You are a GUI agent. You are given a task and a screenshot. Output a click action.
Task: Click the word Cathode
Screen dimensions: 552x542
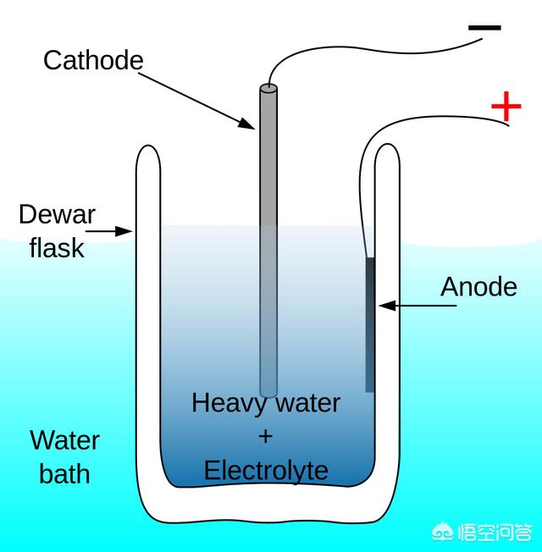[93, 60]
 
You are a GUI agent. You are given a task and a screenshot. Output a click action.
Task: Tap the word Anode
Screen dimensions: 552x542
[478, 287]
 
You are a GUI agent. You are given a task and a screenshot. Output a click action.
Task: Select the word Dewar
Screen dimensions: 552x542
[58, 214]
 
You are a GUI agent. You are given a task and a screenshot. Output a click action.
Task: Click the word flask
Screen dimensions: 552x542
[57, 247]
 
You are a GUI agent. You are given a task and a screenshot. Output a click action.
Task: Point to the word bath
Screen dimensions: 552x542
[64, 472]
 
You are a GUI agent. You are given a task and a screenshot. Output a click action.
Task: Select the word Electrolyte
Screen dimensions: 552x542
[266, 470]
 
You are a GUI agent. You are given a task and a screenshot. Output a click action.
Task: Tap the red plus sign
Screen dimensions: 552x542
[506, 107]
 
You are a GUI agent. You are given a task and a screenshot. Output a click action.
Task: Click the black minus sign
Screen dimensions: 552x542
[484, 28]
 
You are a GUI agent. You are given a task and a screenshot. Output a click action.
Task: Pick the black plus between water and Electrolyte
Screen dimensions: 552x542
[266, 436]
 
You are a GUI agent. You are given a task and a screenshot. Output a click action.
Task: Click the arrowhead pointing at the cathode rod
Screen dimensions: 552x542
[246, 124]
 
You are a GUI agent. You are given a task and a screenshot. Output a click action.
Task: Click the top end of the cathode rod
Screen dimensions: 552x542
[268, 87]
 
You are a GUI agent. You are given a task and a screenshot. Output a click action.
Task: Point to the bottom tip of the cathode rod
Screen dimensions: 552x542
[268, 393]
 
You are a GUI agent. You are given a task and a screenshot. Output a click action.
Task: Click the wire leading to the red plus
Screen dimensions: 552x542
[423, 119]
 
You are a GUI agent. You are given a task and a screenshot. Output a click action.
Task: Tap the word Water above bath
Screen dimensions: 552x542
[64, 440]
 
